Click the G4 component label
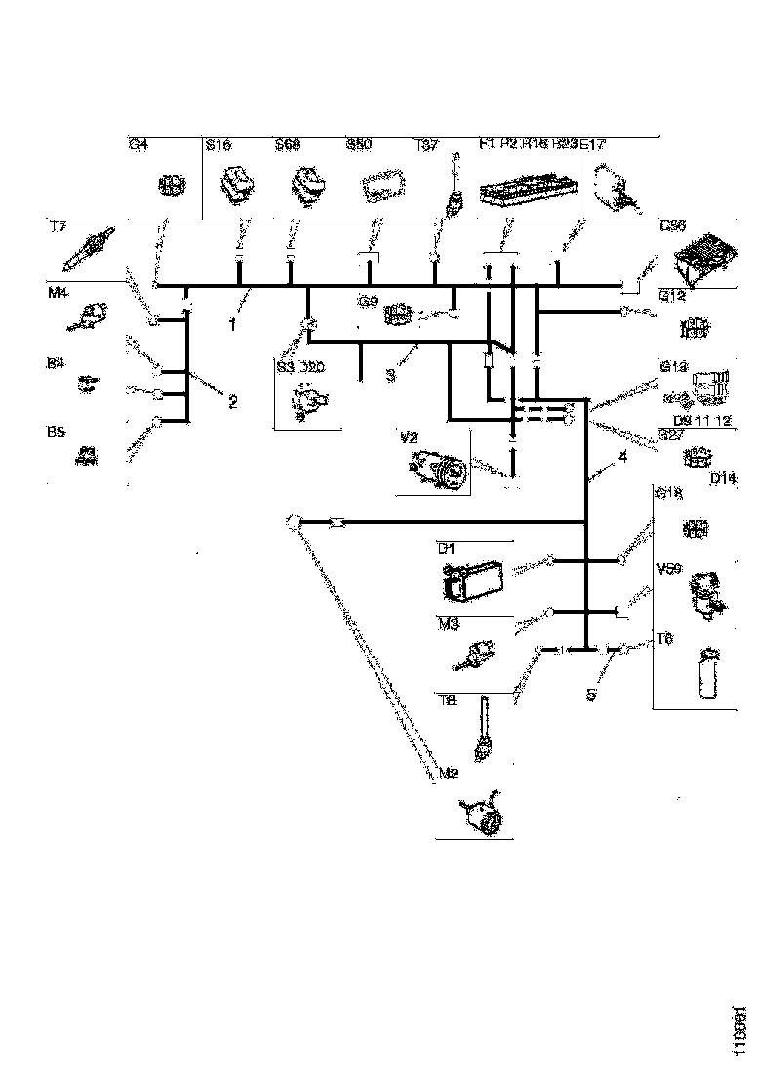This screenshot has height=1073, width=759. pos(140,145)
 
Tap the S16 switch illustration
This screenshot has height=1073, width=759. pos(237,185)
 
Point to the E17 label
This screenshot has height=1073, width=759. pos(593,145)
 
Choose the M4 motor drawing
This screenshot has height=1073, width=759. pos(95,314)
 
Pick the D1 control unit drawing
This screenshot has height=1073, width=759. pos(472,582)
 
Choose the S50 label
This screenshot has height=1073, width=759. pos(359,145)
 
